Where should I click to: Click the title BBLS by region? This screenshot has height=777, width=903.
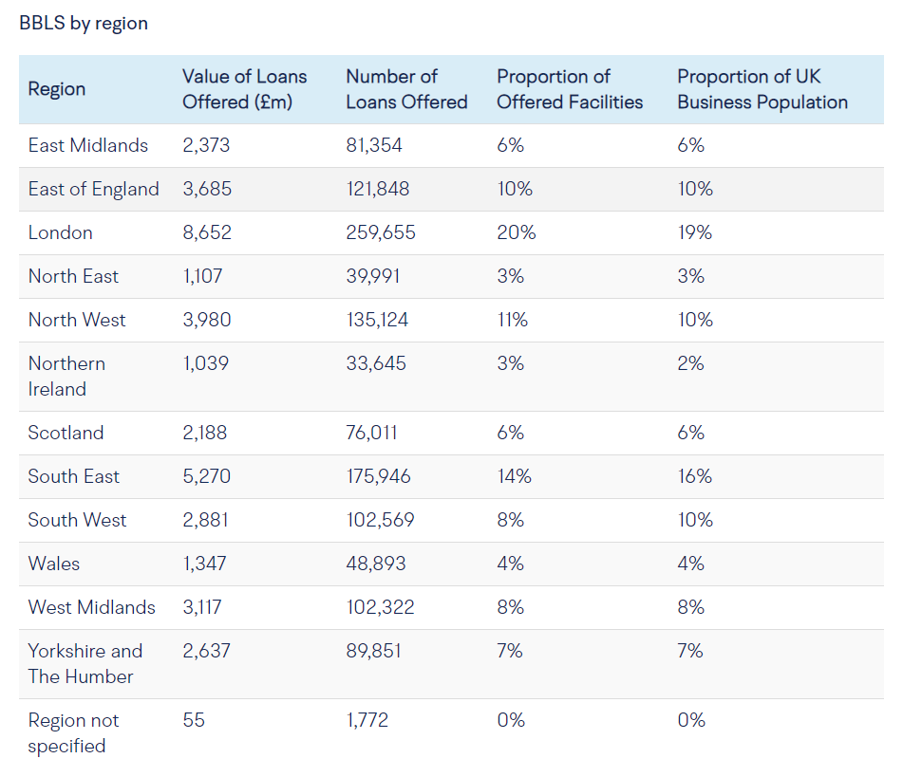pos(84,24)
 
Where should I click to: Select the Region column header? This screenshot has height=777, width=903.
pos(57,89)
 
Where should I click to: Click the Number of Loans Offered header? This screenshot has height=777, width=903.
pos(406,89)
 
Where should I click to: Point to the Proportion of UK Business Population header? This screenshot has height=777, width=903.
pos(762,89)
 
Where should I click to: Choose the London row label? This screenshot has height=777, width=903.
pos(61,232)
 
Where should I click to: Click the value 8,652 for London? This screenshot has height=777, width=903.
pos(207,232)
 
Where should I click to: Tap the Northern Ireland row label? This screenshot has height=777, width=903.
pos(66,376)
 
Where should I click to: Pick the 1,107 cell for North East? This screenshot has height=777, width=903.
pos(205,276)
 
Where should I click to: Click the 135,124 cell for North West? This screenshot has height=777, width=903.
pos(377,320)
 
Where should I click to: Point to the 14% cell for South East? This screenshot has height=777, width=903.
pos(514,476)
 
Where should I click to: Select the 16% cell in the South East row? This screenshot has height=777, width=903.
pos(695,476)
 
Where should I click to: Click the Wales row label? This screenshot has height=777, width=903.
pos(54,564)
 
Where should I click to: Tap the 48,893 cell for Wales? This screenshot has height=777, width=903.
pos(376,564)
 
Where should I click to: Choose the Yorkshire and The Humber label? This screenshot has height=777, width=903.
pos(85,663)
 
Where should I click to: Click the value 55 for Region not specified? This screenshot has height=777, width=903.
pos(194,720)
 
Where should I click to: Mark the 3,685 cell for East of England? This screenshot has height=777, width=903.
pos(207,189)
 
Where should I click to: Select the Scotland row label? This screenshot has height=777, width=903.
pos(66,433)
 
